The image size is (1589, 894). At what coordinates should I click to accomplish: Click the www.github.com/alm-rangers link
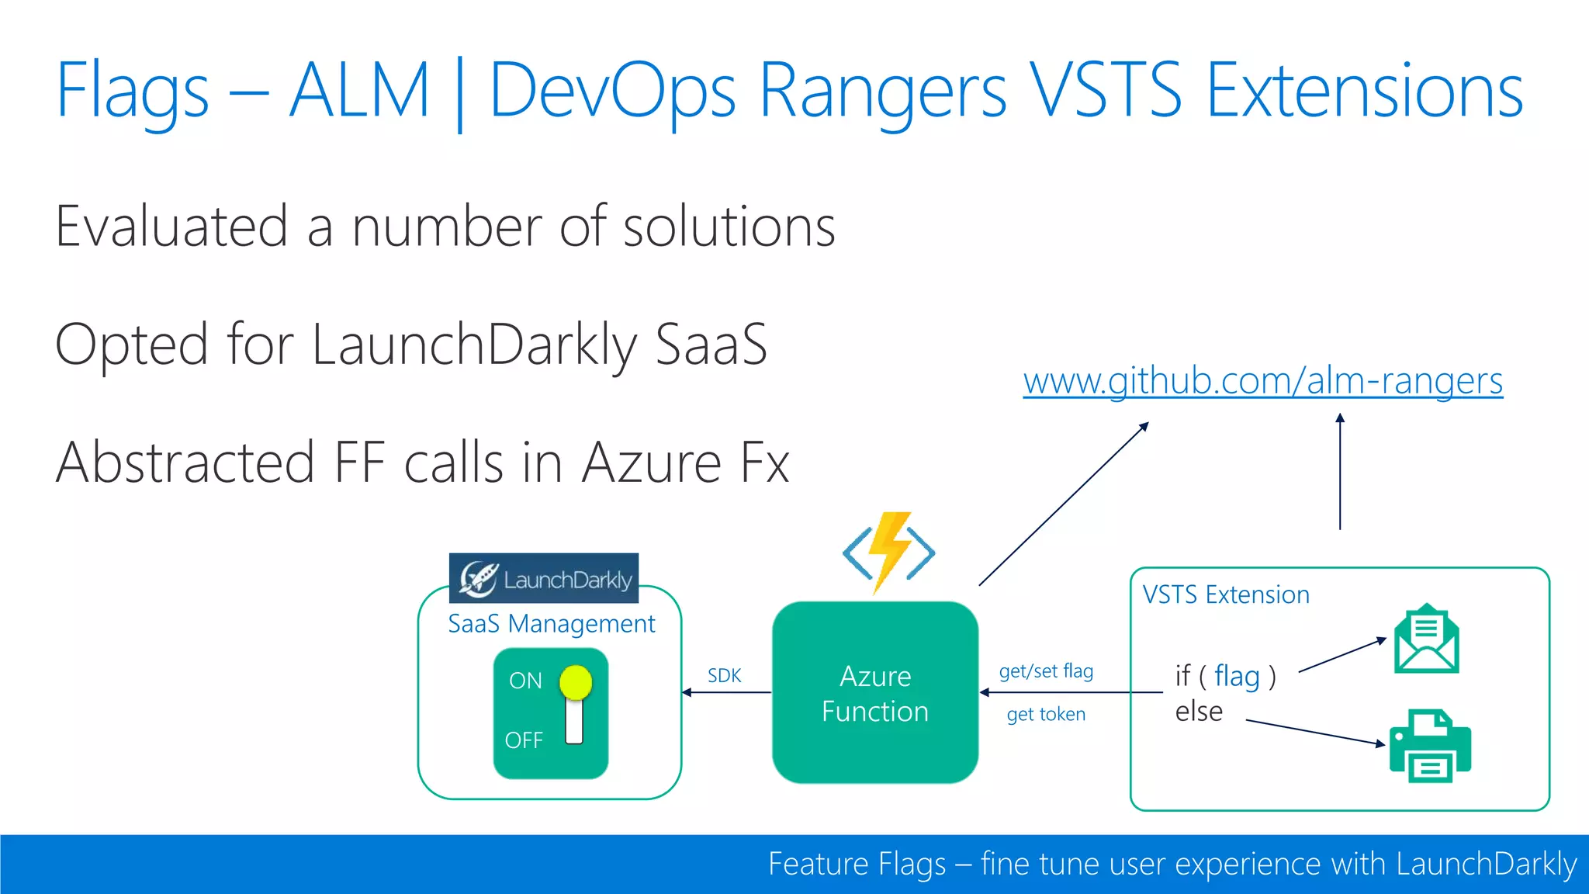1262,382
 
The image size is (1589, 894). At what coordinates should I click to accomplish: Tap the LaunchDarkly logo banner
543,578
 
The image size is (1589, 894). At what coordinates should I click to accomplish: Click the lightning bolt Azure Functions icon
889,552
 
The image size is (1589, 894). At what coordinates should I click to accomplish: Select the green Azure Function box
875,693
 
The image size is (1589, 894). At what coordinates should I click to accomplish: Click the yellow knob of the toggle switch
576,682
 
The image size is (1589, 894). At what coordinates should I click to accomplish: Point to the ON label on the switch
525,681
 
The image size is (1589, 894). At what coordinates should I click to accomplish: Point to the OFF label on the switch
524,740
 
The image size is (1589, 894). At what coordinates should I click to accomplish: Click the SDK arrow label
724,676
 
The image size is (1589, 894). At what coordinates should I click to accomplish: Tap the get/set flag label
1046,671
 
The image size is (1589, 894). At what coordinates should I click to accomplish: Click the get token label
1046,715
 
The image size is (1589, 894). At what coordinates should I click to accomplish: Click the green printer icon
1430,746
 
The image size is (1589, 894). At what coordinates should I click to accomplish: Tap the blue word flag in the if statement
1237,676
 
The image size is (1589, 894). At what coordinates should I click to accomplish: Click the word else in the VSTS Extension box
1199,712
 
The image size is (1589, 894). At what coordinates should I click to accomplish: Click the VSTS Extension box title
1226,595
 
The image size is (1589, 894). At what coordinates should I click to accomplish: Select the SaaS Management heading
552,624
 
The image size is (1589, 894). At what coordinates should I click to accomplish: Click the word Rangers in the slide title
882,92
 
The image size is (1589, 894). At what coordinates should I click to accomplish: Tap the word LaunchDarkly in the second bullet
474,345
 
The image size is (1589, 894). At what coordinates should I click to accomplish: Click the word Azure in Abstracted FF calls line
652,463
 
